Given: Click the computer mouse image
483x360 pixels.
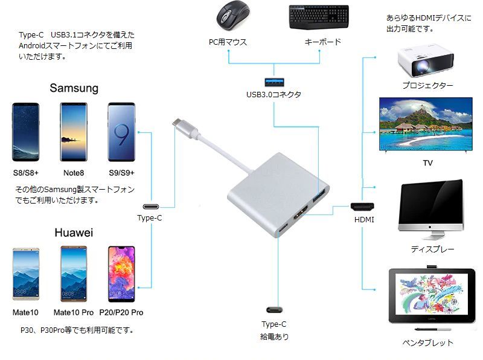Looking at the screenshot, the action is [233, 14].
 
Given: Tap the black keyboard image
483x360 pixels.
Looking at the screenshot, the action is [319, 17].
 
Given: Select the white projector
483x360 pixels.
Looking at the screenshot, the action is [426, 62].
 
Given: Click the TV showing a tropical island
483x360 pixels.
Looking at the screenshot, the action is [426, 125].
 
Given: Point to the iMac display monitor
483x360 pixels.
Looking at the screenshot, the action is [430, 209].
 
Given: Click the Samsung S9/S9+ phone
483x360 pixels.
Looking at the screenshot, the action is [121, 132].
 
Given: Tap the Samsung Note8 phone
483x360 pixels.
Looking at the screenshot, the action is [74, 132].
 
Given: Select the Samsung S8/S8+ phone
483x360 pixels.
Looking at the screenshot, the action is [25, 132].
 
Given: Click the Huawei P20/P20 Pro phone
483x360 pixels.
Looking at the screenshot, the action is [121, 274].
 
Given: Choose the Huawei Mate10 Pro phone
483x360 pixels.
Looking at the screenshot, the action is [74, 274].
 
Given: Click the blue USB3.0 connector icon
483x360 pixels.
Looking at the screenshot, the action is [274, 82].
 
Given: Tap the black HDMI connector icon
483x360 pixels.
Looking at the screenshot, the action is [362, 207].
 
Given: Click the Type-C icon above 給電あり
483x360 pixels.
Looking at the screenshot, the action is [274, 310].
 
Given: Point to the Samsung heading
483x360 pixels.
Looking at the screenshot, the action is [74, 88].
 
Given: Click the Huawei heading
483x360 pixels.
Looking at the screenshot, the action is [74, 233].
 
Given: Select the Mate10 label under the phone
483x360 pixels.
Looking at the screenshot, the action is [25, 312].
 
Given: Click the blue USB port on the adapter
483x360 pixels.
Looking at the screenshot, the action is [319, 196].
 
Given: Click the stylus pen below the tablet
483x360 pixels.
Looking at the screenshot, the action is [433, 329].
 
